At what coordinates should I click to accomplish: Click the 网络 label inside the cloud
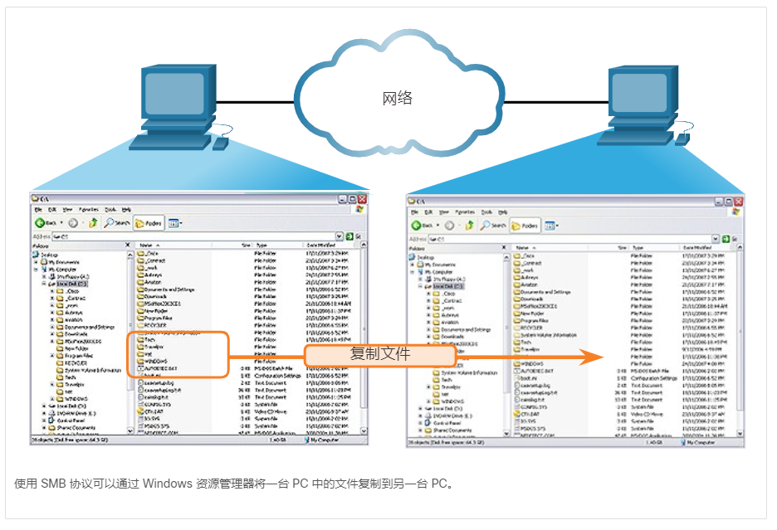tap(397, 99)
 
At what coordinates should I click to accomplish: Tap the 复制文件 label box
tap(380, 354)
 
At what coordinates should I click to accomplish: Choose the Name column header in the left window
tap(146, 246)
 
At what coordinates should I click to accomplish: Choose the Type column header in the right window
tap(638, 247)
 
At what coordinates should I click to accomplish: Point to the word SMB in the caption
tap(51, 484)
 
